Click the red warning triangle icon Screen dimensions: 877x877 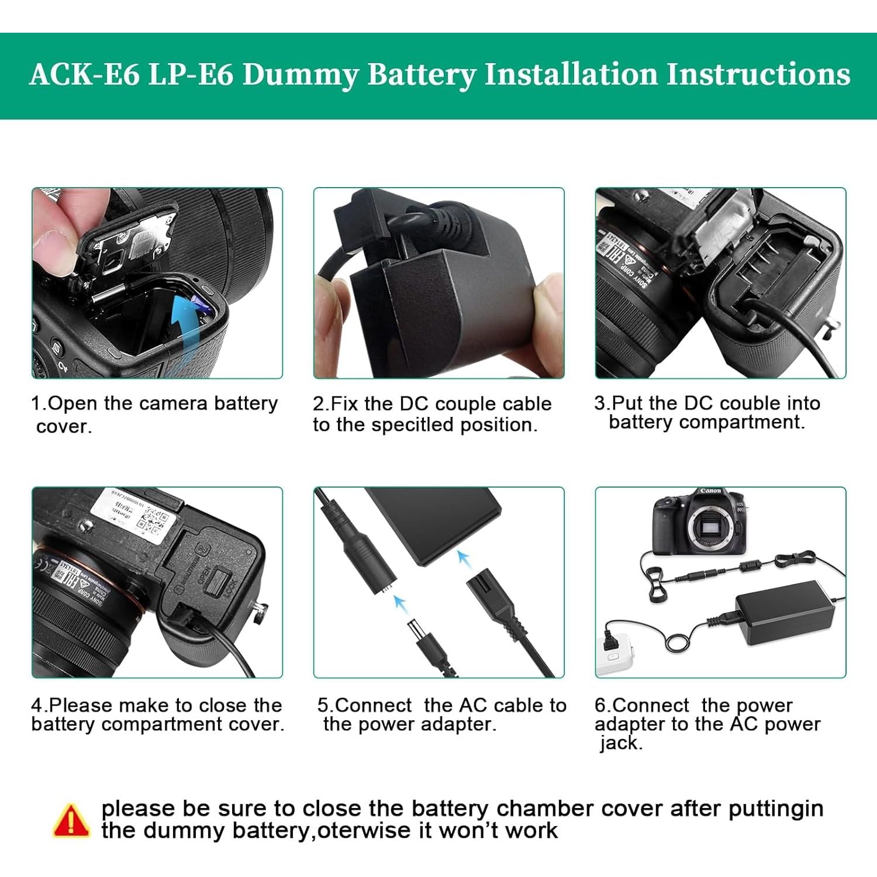[x=71, y=820]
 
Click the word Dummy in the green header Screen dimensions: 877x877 [x=299, y=75]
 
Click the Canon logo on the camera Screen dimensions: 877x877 [x=710, y=491]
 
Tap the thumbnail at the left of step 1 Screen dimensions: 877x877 [x=157, y=283]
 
